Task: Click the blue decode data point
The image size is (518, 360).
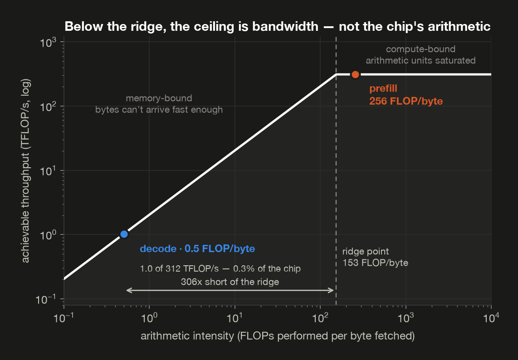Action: pos(124,234)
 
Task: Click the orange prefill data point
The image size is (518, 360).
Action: pos(355,75)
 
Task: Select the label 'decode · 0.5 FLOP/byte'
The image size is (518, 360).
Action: pos(197,249)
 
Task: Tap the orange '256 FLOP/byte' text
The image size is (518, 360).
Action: pos(406,101)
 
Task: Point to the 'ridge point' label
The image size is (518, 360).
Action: pos(366,251)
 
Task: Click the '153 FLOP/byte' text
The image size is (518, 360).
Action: pos(375,263)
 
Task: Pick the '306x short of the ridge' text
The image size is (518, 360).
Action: pos(230,282)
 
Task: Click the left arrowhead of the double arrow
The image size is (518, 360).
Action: pos(127,290)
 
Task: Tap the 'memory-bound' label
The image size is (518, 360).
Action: pos(159,98)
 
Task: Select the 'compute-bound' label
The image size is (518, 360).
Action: pos(420,49)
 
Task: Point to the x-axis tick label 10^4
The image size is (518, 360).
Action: pos(491,318)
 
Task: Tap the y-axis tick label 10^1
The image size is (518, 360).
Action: pos(48,171)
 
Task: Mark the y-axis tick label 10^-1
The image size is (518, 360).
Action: pos(46,299)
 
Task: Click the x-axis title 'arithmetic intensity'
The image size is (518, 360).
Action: pos(187,336)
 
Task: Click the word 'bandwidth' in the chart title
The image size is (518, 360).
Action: pos(285,26)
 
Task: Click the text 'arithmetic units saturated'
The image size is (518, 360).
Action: pos(420,60)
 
